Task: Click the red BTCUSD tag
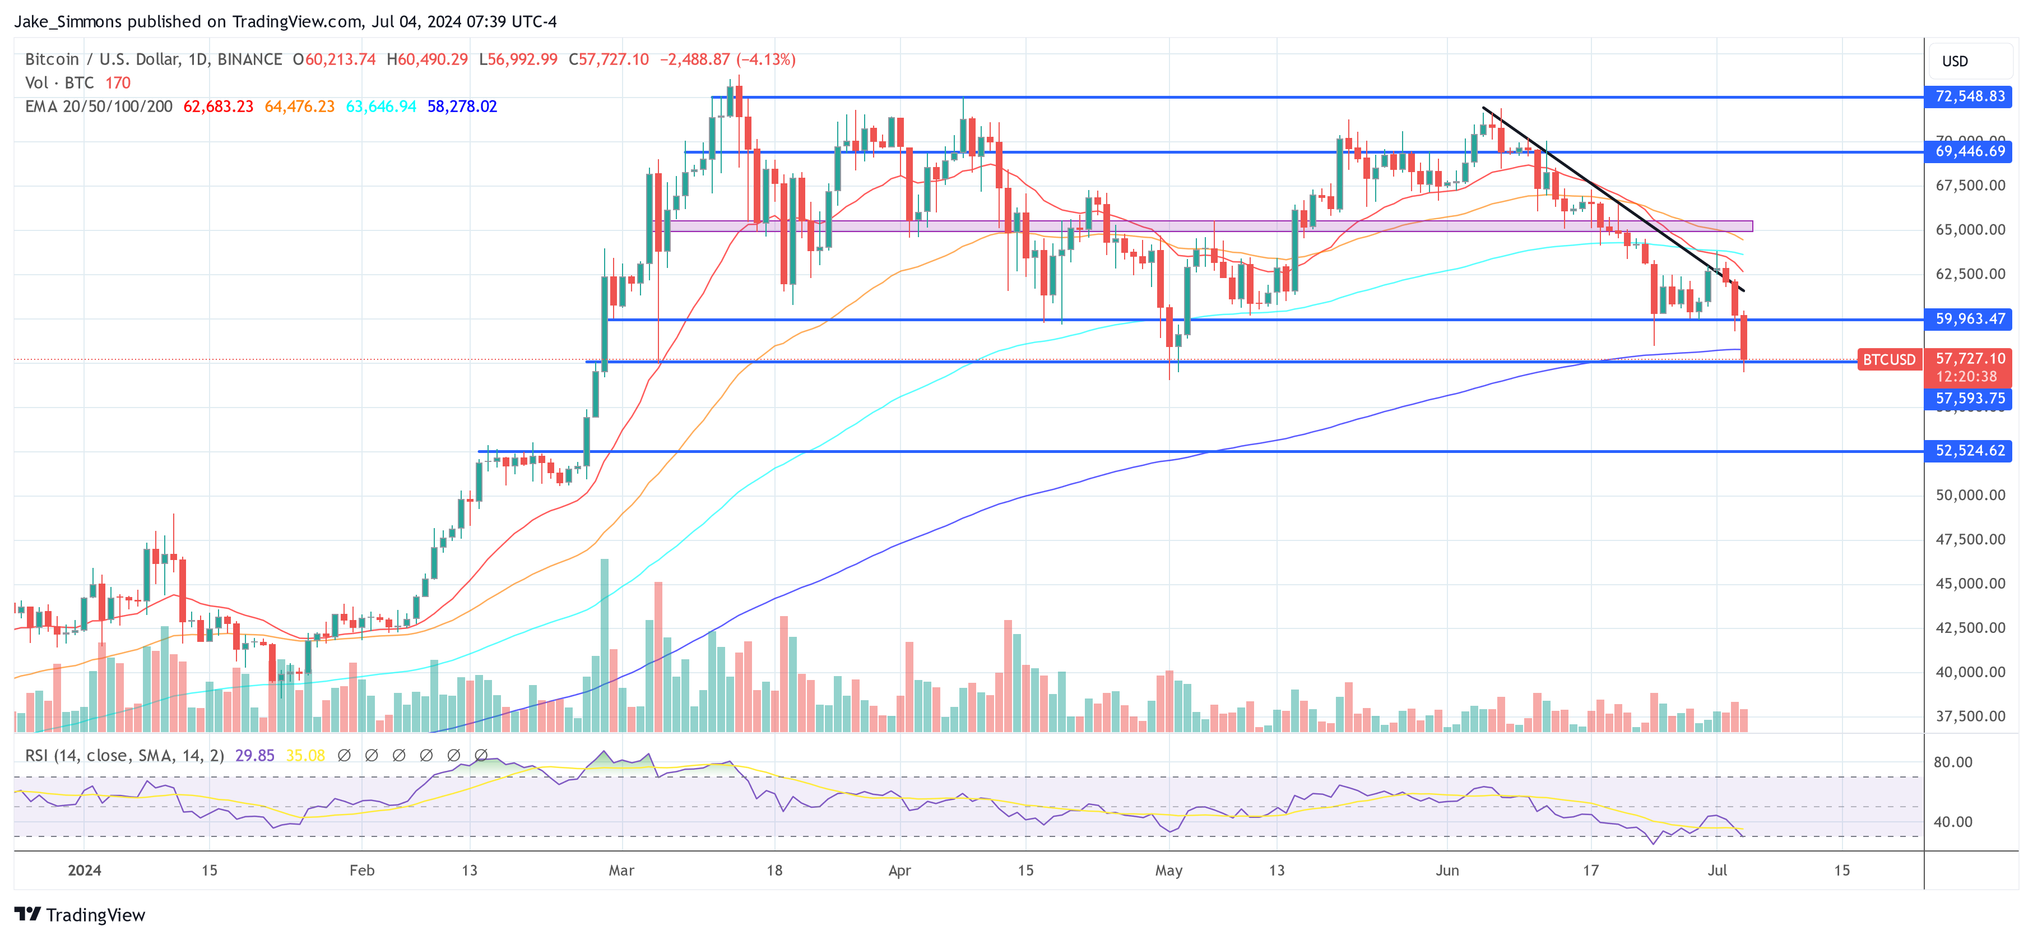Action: click(1888, 360)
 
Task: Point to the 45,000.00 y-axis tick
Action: click(1970, 584)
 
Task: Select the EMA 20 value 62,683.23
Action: click(218, 107)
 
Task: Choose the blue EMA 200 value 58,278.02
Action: click(462, 107)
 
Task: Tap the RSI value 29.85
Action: click(254, 756)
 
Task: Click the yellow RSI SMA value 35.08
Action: click(305, 756)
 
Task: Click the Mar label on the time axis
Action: click(621, 870)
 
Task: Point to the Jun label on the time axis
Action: click(1447, 870)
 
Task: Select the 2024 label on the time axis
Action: click(85, 870)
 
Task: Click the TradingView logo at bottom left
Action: click(80, 914)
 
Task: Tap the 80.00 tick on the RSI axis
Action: click(1952, 762)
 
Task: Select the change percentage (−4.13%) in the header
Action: click(765, 59)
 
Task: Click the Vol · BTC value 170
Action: click(118, 83)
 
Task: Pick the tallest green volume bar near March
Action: click(605, 644)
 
